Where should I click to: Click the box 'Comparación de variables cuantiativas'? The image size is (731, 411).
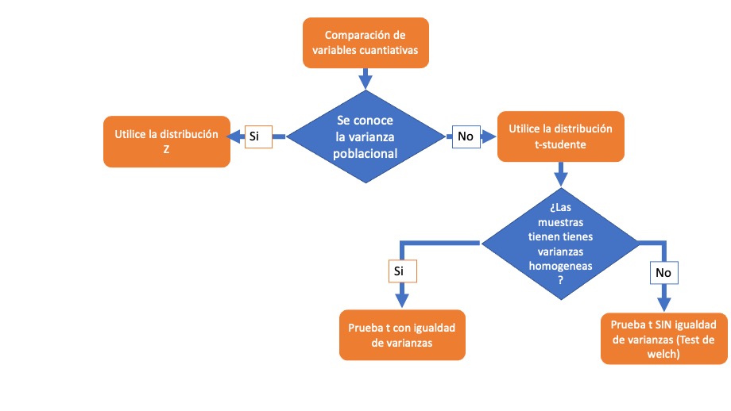pos(365,42)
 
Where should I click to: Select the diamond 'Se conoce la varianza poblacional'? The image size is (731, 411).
pos(365,136)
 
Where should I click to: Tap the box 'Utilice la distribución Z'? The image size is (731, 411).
pos(167,142)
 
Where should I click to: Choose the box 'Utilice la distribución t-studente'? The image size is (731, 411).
pos(560,136)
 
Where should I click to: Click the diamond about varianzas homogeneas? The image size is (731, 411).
pos(560,242)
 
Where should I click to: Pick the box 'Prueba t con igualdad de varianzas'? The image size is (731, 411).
pos(401,335)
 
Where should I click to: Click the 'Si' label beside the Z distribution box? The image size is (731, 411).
pos(255,136)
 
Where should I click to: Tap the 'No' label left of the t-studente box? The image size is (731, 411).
pos(466,136)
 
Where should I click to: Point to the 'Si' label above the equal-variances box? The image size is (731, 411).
pos(401,271)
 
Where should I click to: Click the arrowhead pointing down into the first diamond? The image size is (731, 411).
pos(365,80)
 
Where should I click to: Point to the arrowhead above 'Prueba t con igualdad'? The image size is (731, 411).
pos(401,301)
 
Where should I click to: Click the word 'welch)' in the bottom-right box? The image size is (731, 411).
pos(663,355)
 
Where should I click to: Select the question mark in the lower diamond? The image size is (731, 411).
pos(560,280)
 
